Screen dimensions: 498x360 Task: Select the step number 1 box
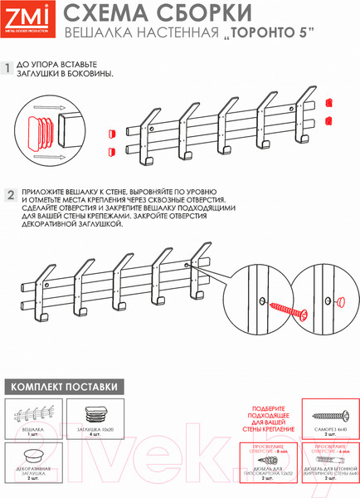click(9, 69)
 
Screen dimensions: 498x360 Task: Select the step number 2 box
click(9, 196)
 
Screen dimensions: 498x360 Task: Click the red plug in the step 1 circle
click(40, 131)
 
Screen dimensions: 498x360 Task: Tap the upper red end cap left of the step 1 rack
click(109, 131)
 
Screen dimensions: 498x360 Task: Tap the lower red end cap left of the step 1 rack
click(109, 151)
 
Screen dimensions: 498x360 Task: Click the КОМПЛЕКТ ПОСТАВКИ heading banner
click(63, 387)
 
